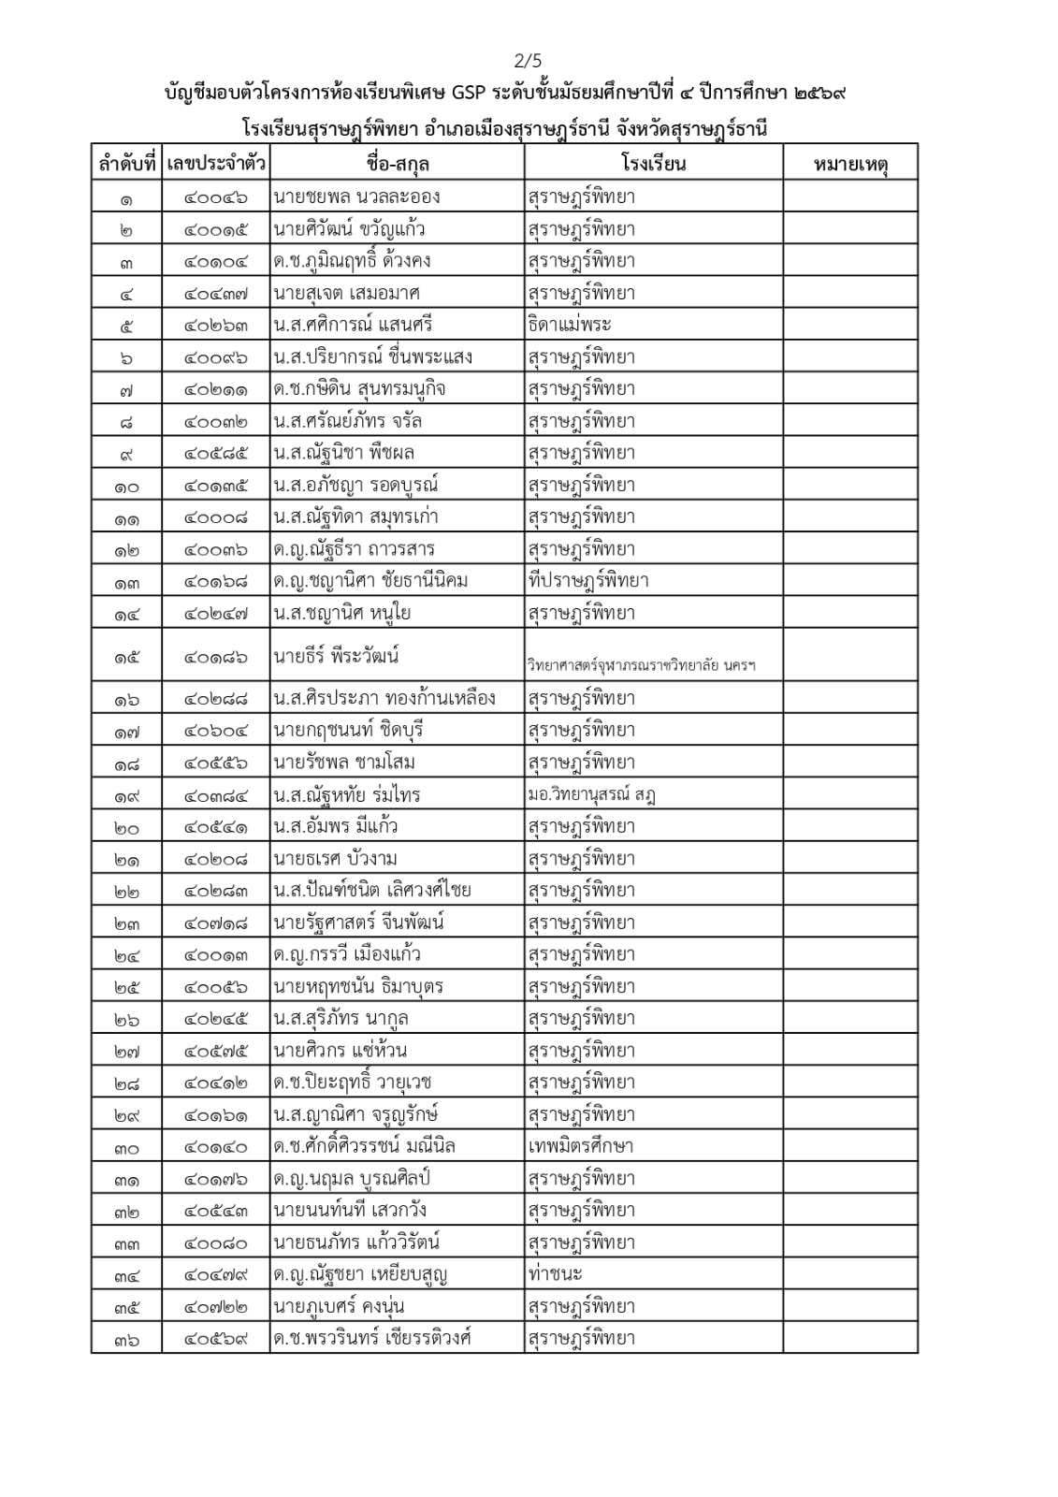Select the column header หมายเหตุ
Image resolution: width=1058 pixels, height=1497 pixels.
(849, 165)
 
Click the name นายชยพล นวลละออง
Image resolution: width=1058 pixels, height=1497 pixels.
(356, 197)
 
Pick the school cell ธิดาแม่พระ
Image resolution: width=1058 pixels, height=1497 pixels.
(570, 326)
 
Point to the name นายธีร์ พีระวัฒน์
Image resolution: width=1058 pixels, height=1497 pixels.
(337, 656)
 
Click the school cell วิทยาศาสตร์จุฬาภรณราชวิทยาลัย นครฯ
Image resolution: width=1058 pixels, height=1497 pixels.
(641, 666)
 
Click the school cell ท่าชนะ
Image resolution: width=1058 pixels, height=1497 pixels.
(555, 1274)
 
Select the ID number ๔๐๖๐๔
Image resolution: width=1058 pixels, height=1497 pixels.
(216, 731)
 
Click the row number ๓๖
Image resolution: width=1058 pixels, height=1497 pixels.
(126, 1339)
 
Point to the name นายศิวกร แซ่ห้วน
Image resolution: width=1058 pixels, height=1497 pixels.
(341, 1051)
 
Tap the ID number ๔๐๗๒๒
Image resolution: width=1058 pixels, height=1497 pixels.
(216, 1307)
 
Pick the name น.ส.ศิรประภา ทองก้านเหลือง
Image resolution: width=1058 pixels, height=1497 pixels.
(384, 699)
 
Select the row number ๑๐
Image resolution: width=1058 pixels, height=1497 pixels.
(126, 487)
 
